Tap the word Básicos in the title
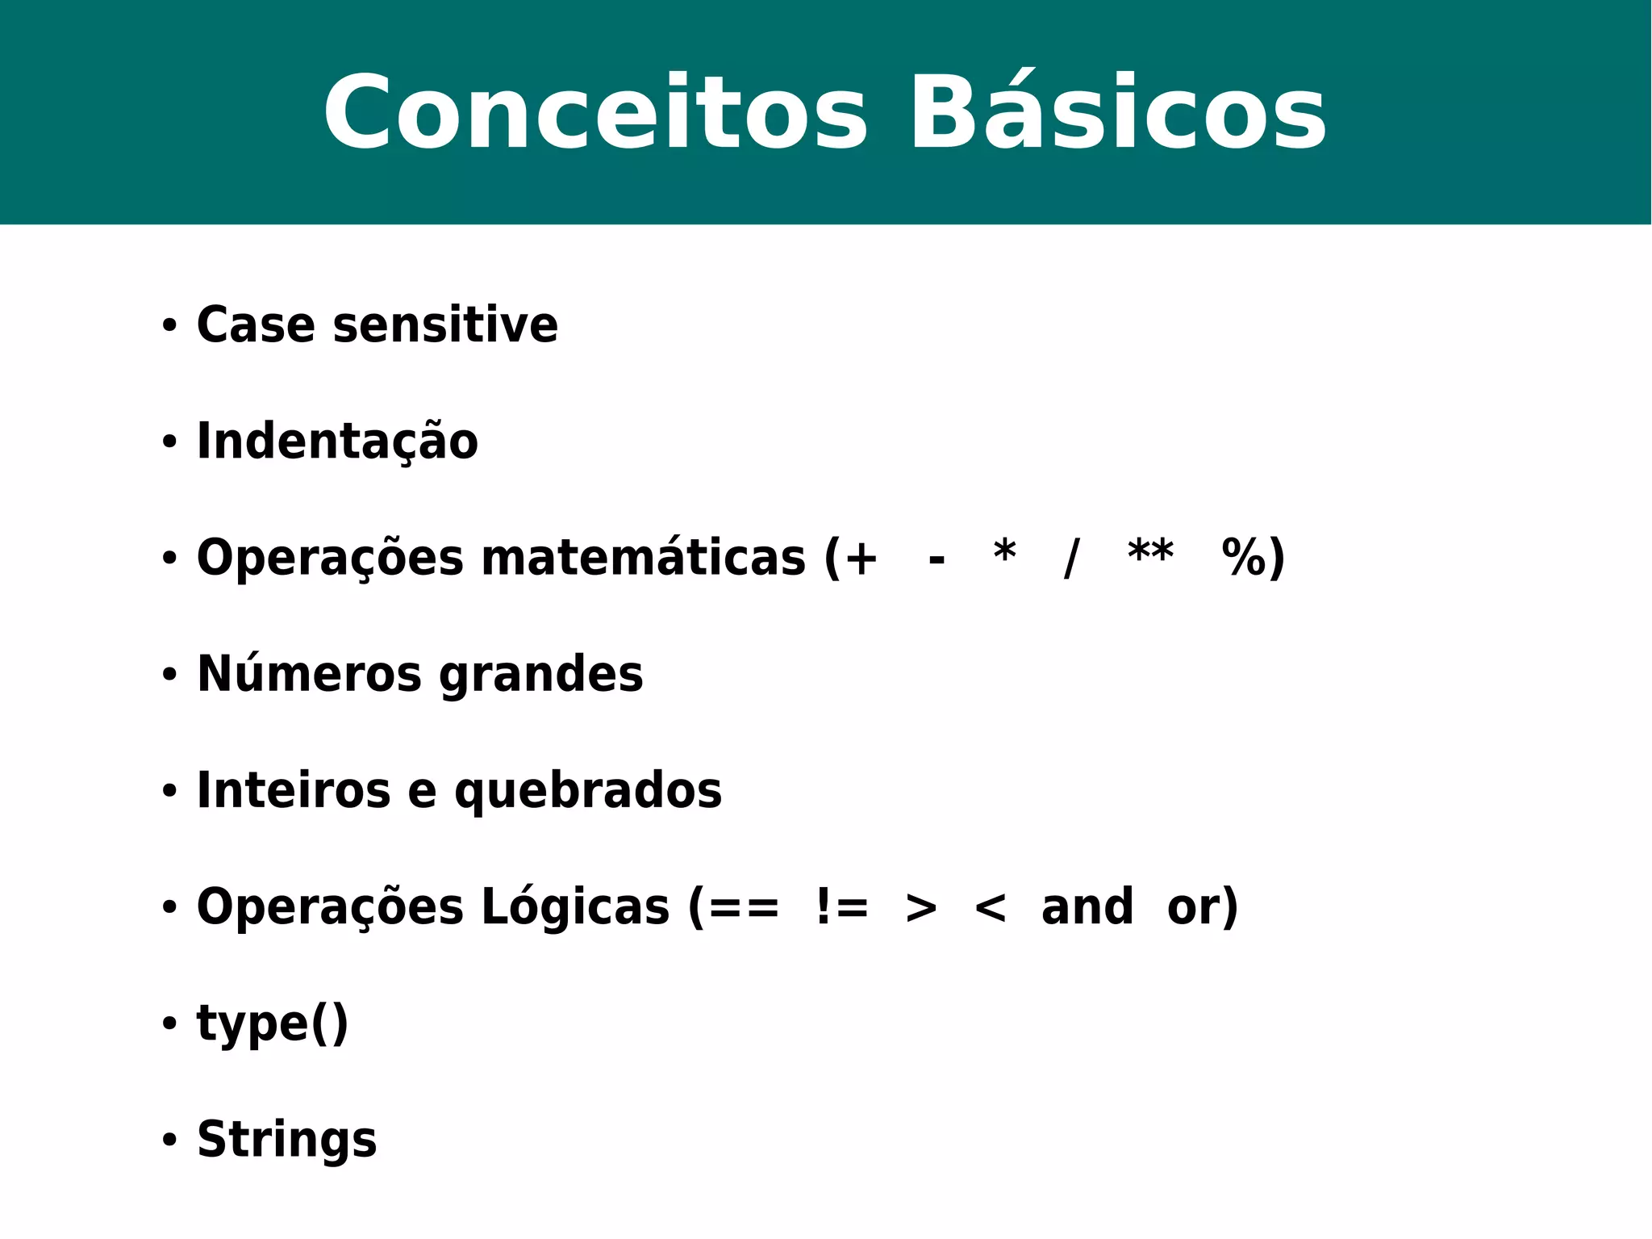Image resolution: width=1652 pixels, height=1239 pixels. pos(1118,113)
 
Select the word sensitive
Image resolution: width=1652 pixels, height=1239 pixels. pos(444,325)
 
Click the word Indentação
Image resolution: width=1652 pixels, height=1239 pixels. pos(337,442)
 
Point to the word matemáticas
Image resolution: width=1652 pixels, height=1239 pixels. pos(643,558)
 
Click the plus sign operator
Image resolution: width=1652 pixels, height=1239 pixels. pos(861,558)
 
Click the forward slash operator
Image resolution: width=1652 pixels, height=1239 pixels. pos(1071,558)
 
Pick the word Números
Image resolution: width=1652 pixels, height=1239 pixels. pos(309,674)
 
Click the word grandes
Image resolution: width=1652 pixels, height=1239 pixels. pos(541,676)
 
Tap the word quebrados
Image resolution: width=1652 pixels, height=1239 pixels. pos(588,791)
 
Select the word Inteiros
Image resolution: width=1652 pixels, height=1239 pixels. pos(294,790)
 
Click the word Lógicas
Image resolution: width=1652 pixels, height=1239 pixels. pos(575,907)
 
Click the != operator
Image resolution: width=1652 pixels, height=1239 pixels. pos(841,907)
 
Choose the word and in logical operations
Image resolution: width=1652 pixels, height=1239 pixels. pos(1087,907)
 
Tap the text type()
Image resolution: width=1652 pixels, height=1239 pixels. pos(273,1024)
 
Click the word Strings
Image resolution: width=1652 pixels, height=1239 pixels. pos(286,1140)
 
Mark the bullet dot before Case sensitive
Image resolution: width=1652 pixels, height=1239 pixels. pos(169,326)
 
